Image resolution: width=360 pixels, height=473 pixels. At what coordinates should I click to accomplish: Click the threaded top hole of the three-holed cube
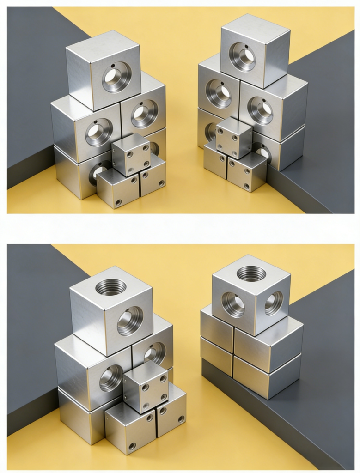click(x=251, y=273)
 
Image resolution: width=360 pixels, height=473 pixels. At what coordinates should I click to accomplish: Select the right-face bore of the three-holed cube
click(x=273, y=303)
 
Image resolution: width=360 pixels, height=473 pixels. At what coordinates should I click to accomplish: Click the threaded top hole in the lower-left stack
click(x=110, y=287)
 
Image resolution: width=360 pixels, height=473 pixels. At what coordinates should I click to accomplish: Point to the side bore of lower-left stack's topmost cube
click(x=130, y=321)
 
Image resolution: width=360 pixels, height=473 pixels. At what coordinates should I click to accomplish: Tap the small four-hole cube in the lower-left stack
click(x=146, y=387)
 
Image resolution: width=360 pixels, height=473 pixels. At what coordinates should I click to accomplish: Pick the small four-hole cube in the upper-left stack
click(x=131, y=154)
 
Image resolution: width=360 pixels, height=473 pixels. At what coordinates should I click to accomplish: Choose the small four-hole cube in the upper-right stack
click(x=234, y=138)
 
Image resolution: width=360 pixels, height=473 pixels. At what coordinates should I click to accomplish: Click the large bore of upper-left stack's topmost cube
click(x=116, y=77)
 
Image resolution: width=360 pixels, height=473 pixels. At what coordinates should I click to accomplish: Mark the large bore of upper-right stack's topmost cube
click(x=244, y=56)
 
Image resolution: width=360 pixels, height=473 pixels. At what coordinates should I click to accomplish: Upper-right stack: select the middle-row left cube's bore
click(x=219, y=93)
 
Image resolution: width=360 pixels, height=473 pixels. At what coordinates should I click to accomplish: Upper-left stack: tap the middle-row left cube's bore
click(x=98, y=132)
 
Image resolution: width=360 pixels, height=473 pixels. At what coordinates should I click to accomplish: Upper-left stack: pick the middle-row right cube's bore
click(x=144, y=113)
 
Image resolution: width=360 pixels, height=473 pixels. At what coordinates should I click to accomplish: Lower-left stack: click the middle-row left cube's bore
click(x=111, y=377)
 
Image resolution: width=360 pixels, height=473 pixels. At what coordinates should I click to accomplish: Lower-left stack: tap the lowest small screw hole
click(x=132, y=446)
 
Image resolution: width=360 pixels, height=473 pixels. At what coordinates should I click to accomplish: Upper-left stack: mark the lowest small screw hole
click(x=119, y=202)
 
